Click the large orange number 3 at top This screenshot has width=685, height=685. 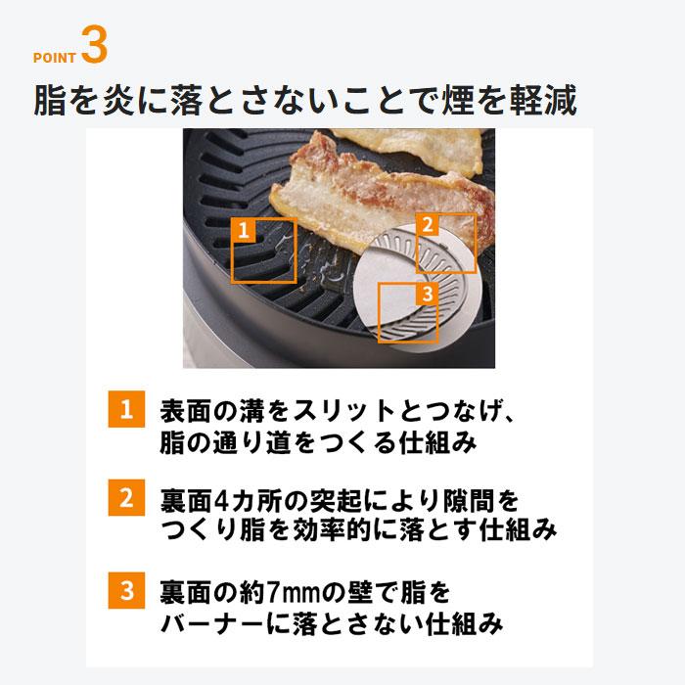coord(94,45)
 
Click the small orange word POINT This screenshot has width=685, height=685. coord(55,58)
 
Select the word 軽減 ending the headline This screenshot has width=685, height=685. coord(549,101)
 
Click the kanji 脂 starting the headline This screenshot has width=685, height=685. coord(51,101)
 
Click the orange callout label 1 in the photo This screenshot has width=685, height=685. coord(245,230)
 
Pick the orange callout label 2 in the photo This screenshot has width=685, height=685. coord(427,224)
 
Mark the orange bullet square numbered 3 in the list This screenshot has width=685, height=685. coord(125,590)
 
